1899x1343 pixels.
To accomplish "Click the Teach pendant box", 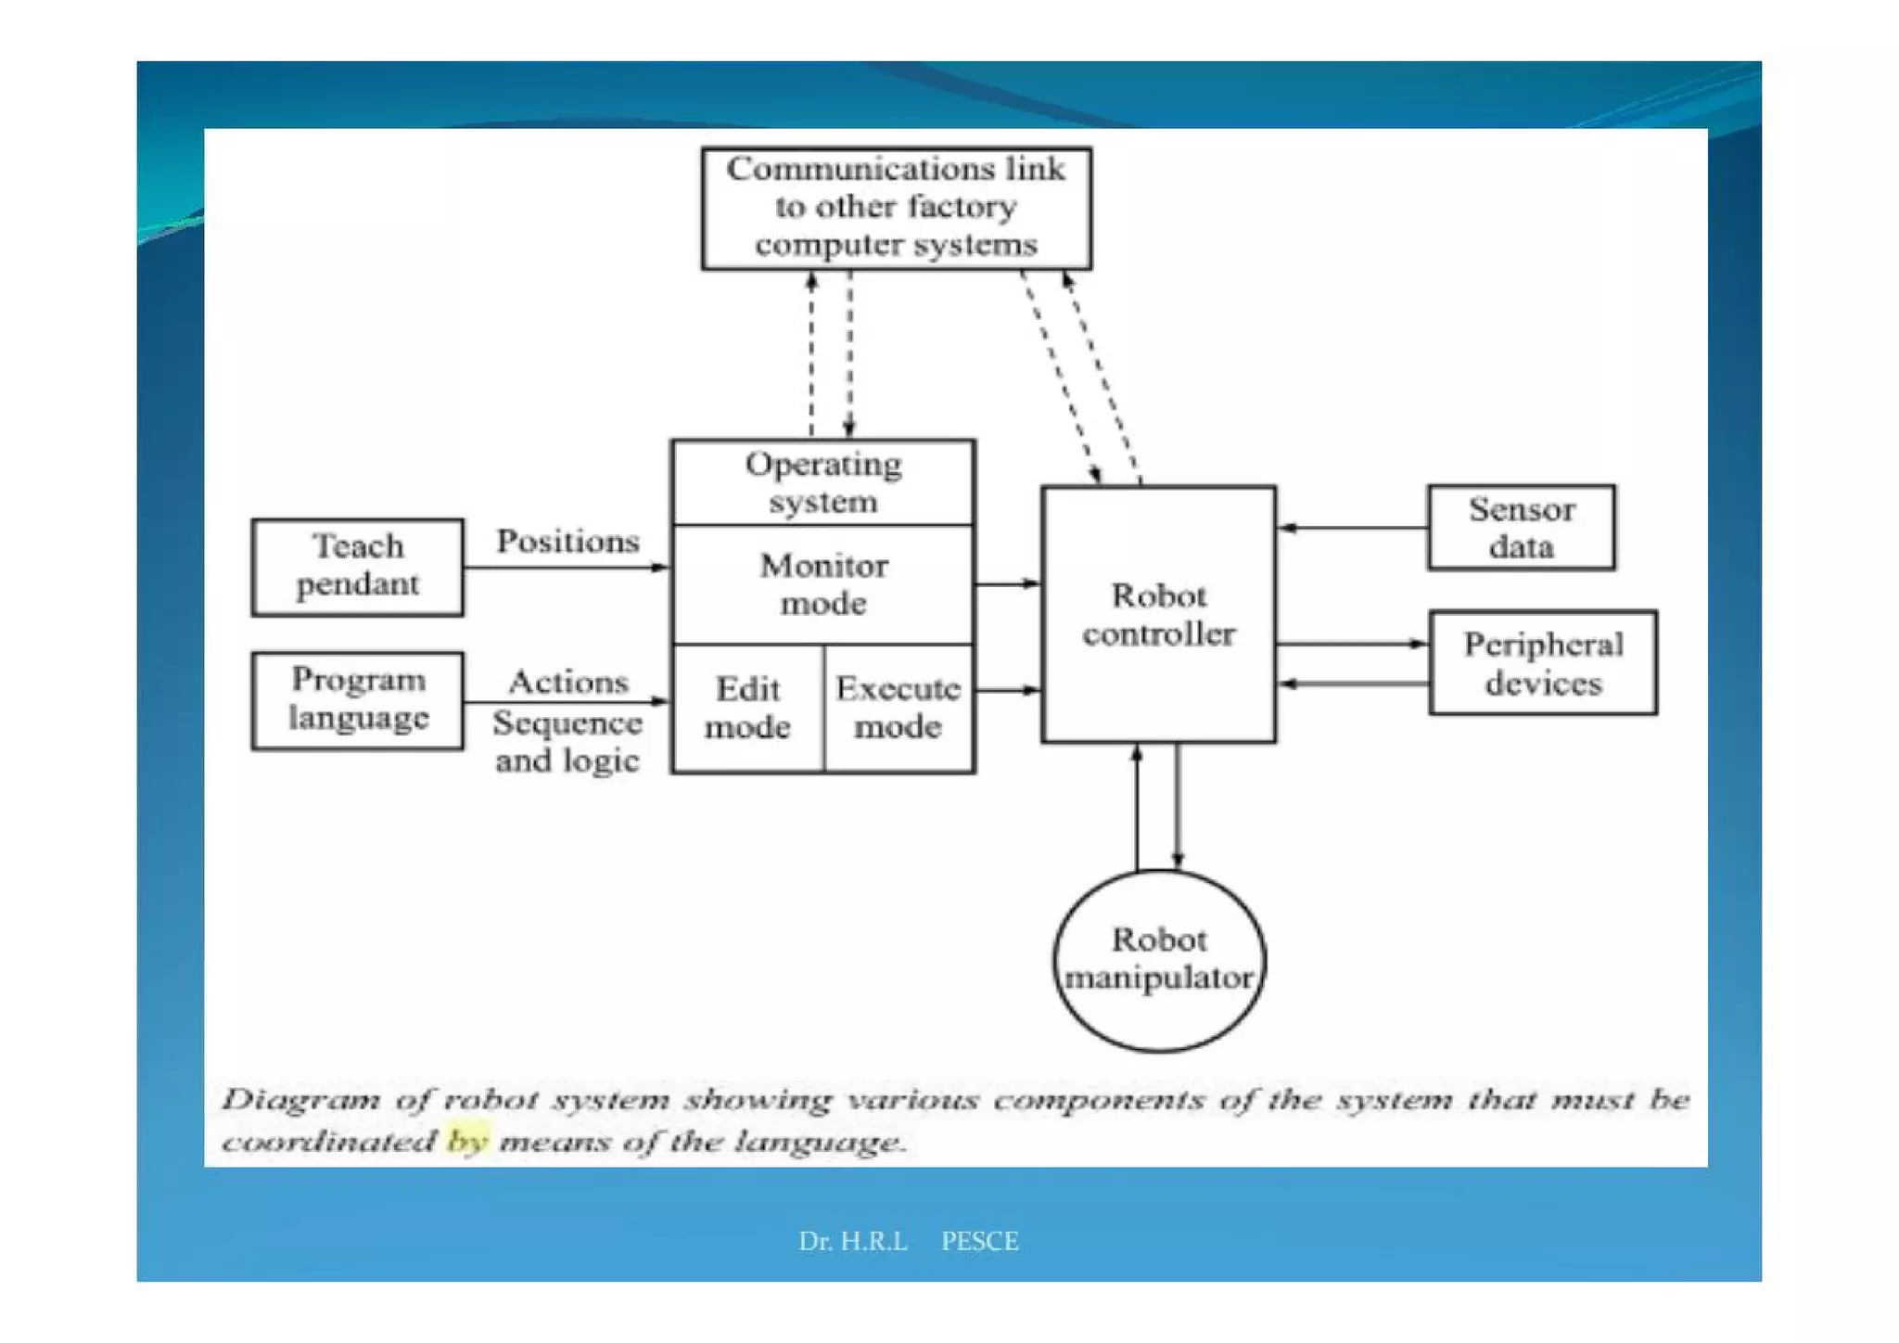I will [x=357, y=567].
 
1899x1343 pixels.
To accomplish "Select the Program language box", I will [x=357, y=700].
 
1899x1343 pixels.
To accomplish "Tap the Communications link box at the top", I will [x=896, y=208].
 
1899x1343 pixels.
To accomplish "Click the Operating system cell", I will [x=822, y=482].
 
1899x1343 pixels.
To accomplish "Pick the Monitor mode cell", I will [x=822, y=584].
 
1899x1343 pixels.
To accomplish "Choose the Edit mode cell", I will [x=747, y=708].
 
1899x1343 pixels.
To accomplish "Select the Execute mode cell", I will [x=898, y=708].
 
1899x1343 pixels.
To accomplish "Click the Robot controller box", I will [x=1158, y=614].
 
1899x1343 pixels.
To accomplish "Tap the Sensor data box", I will [x=1521, y=527].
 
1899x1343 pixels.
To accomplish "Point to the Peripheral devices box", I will [x=1543, y=662].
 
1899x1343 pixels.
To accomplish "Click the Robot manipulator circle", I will [x=1159, y=959].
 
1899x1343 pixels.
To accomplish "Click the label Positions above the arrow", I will [x=567, y=541].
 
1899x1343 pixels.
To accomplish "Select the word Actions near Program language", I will [x=568, y=682].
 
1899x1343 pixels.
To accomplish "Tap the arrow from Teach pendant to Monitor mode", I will [x=566, y=567].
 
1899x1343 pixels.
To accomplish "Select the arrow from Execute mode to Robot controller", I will [x=1007, y=690].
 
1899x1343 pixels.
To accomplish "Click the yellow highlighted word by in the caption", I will [x=466, y=1140].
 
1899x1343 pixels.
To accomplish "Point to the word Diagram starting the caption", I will [x=300, y=1100].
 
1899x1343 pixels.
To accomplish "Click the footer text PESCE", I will [x=979, y=1241].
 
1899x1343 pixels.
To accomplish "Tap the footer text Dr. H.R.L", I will [x=852, y=1241].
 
